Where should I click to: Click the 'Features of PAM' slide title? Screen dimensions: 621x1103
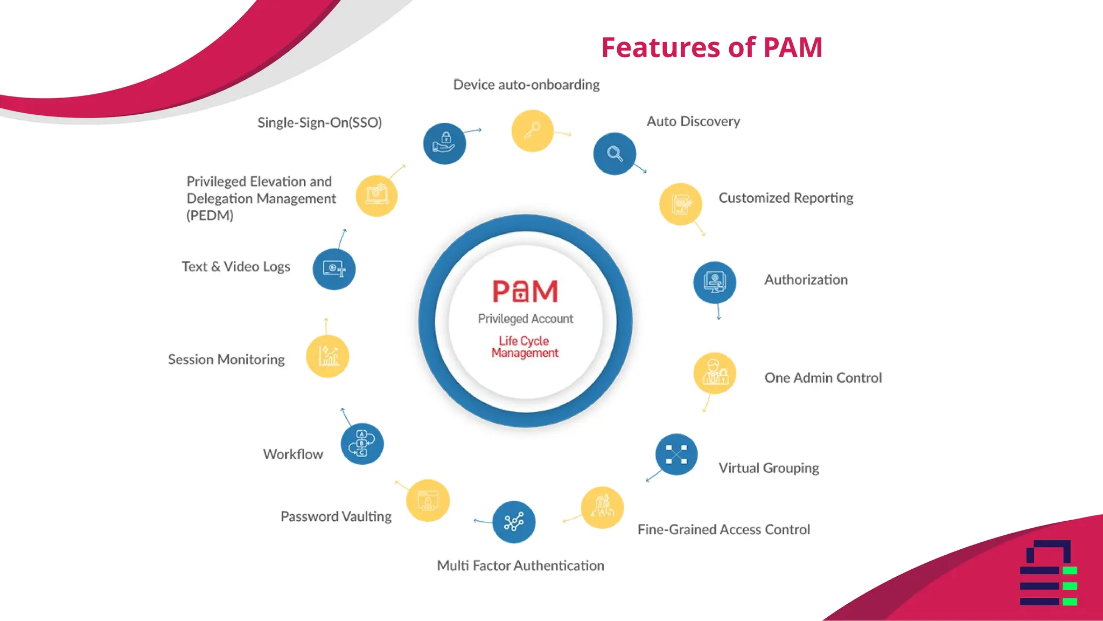pos(711,47)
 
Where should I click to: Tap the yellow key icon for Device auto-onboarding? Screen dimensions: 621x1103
pos(532,131)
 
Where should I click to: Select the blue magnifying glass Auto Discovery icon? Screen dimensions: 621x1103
pos(615,154)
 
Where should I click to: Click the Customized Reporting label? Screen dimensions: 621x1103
pos(786,198)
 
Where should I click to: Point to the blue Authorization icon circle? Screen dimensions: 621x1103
pos(715,282)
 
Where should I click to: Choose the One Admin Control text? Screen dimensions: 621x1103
pos(823,378)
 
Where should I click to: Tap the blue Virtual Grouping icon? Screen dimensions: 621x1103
pos(676,454)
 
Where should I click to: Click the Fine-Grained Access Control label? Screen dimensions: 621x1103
pos(723,529)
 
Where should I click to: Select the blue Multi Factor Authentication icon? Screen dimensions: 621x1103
pos(514,522)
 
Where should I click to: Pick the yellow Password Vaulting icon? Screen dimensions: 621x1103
pos(428,500)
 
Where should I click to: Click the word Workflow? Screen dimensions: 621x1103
pos(293,454)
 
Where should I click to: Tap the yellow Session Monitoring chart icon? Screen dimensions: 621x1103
pos(327,356)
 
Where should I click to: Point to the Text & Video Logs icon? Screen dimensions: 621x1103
pos(334,269)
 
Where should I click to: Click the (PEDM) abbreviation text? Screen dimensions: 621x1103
pos(210,216)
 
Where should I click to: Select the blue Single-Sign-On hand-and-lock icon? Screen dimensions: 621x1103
pos(444,144)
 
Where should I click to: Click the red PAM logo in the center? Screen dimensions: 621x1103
pos(525,291)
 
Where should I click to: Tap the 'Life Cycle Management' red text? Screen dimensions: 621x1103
pos(525,347)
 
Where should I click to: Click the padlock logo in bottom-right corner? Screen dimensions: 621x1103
pos(1048,572)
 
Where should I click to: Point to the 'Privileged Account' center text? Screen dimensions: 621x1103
pos(525,319)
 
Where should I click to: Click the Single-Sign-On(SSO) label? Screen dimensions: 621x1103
pos(319,123)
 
